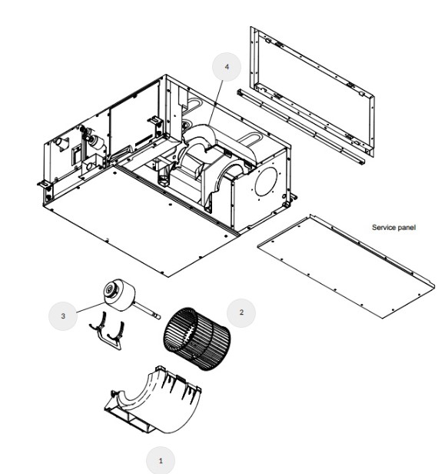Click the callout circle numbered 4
coord(227,67)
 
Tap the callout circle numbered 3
coord(63,316)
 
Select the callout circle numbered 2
coord(241,313)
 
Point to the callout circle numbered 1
coord(161,460)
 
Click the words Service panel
coord(393,227)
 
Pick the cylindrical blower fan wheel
coord(197,339)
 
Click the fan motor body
coord(120,295)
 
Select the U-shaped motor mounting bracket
coord(107,332)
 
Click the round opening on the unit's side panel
coord(266,182)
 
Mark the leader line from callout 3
coord(91,308)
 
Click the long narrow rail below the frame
coord(301,127)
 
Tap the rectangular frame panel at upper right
coord(312,92)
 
